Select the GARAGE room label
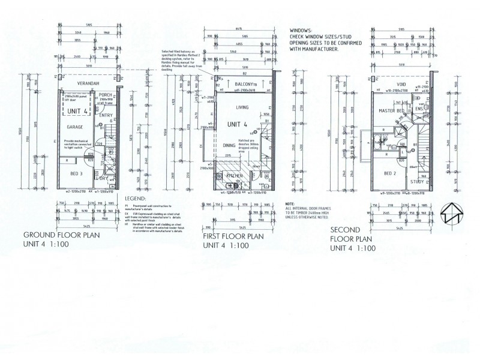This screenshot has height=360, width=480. click(76, 127)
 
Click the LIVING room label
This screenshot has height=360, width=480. click(242, 107)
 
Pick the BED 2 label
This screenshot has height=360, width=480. click(390, 173)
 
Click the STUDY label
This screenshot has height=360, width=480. click(417, 181)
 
